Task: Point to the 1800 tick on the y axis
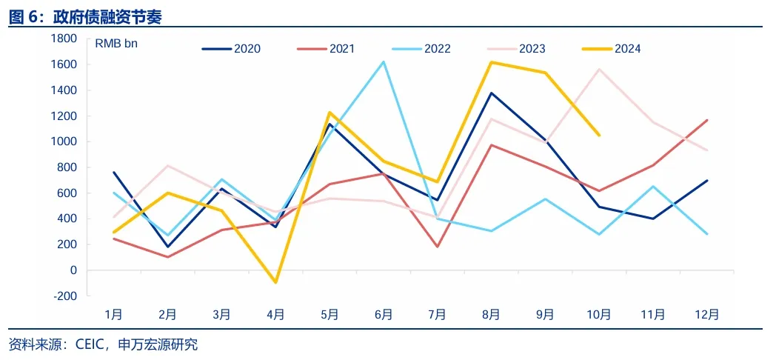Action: pos(64,39)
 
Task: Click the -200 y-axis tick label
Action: pos(64,296)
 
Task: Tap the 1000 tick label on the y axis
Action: pos(64,141)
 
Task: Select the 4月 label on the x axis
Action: pos(275,314)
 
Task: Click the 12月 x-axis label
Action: pos(706,314)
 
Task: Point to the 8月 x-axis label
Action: pos(491,314)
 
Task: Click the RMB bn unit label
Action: pos(116,43)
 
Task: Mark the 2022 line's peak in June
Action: pos(384,61)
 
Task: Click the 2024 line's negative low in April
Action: pos(275,282)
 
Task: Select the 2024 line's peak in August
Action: pos(491,62)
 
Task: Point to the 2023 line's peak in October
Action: pos(598,69)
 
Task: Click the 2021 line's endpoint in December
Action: pos(706,120)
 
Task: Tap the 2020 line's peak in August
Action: pos(491,93)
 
